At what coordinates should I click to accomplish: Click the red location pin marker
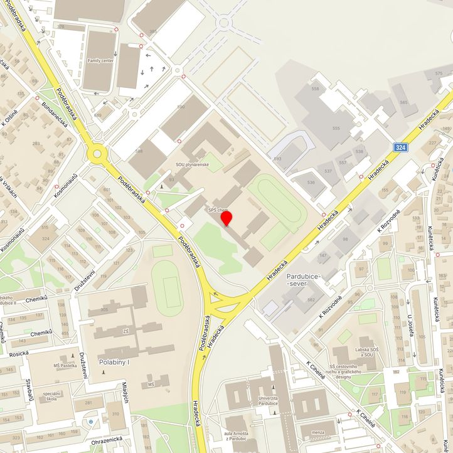(x=226, y=218)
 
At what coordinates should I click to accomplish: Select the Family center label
(x=100, y=61)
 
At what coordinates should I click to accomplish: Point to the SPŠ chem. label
(x=218, y=211)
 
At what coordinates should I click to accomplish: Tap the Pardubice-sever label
(x=304, y=280)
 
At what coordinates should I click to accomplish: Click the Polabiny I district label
(x=114, y=362)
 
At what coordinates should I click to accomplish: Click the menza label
(x=318, y=432)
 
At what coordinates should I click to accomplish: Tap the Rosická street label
(x=18, y=353)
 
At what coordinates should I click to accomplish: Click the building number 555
(x=336, y=128)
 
